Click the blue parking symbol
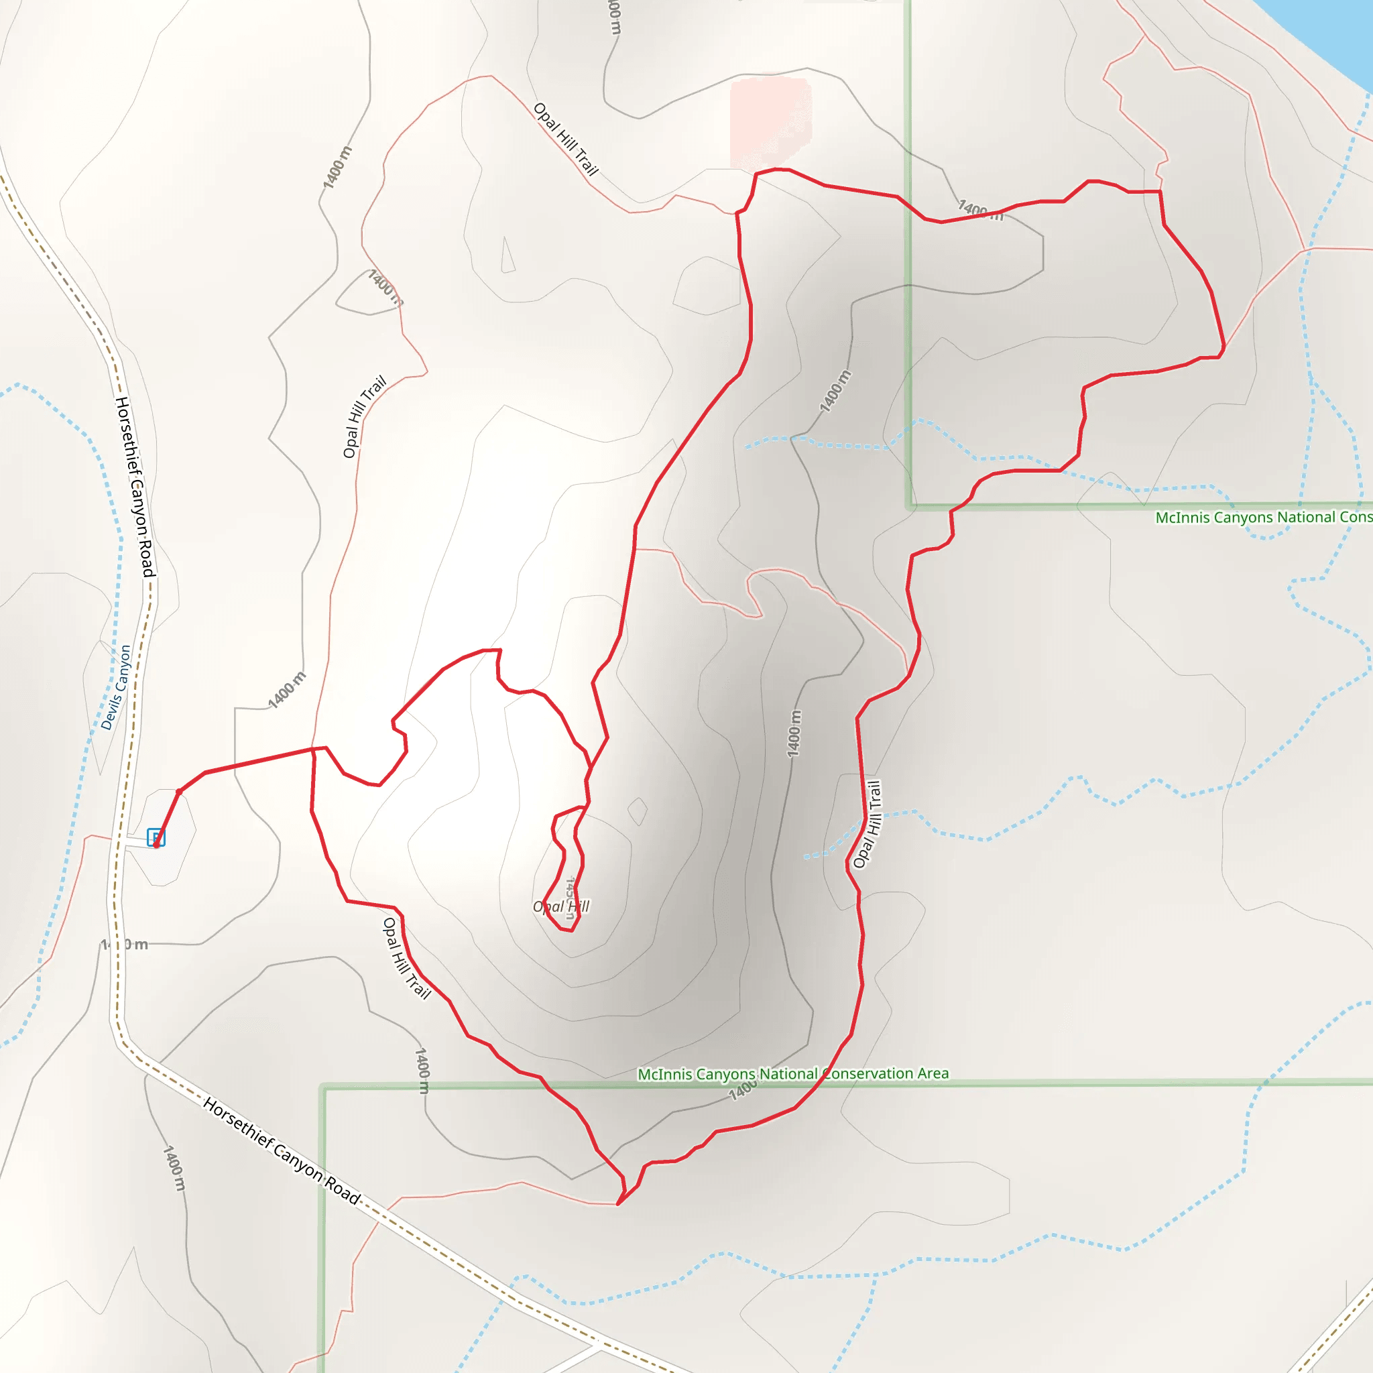coord(156,837)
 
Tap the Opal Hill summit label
coord(560,907)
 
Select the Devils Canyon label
coord(116,687)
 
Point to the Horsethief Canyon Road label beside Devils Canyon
coord(135,487)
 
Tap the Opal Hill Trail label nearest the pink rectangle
coord(566,139)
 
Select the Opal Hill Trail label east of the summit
coord(868,825)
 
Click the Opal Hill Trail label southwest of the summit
coord(406,958)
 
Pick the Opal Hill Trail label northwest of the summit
coord(365,416)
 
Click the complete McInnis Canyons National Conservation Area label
coord(793,1073)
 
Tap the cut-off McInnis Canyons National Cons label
coord(1264,518)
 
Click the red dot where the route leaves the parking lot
coord(179,791)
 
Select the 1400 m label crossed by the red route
coord(981,211)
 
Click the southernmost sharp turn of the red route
coord(618,1204)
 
